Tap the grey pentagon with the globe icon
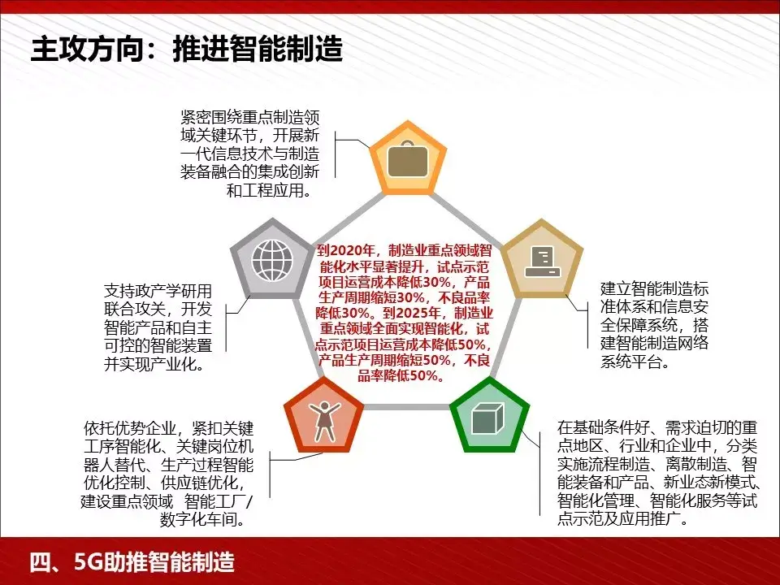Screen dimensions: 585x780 click(272, 258)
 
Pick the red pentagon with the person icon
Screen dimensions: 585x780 click(323, 417)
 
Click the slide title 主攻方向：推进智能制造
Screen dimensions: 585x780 click(186, 50)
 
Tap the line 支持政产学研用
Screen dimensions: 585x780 click(157, 290)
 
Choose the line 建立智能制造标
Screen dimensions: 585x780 click(655, 288)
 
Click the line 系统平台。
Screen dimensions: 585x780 click(635, 362)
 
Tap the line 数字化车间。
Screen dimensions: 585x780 click(203, 518)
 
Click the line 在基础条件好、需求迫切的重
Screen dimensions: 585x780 click(658, 427)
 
